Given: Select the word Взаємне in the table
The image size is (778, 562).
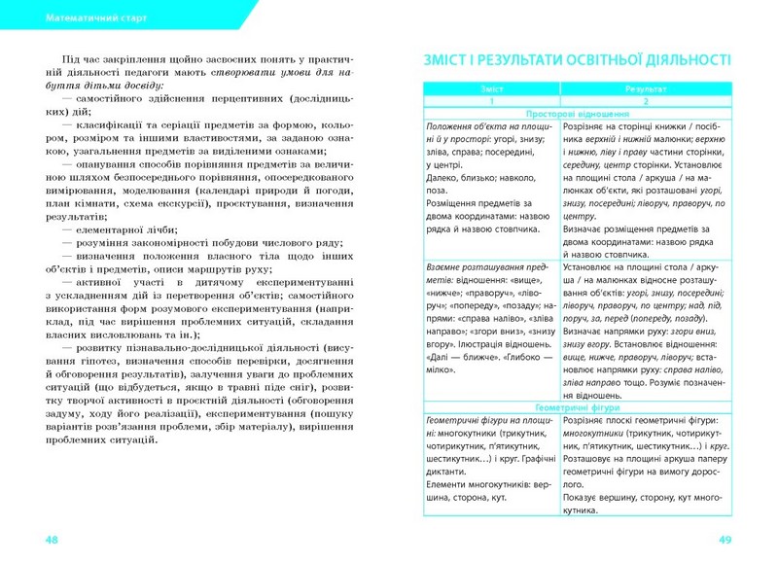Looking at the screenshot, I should coord(446,265).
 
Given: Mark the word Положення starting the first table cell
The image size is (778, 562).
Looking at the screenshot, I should coord(452,127).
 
